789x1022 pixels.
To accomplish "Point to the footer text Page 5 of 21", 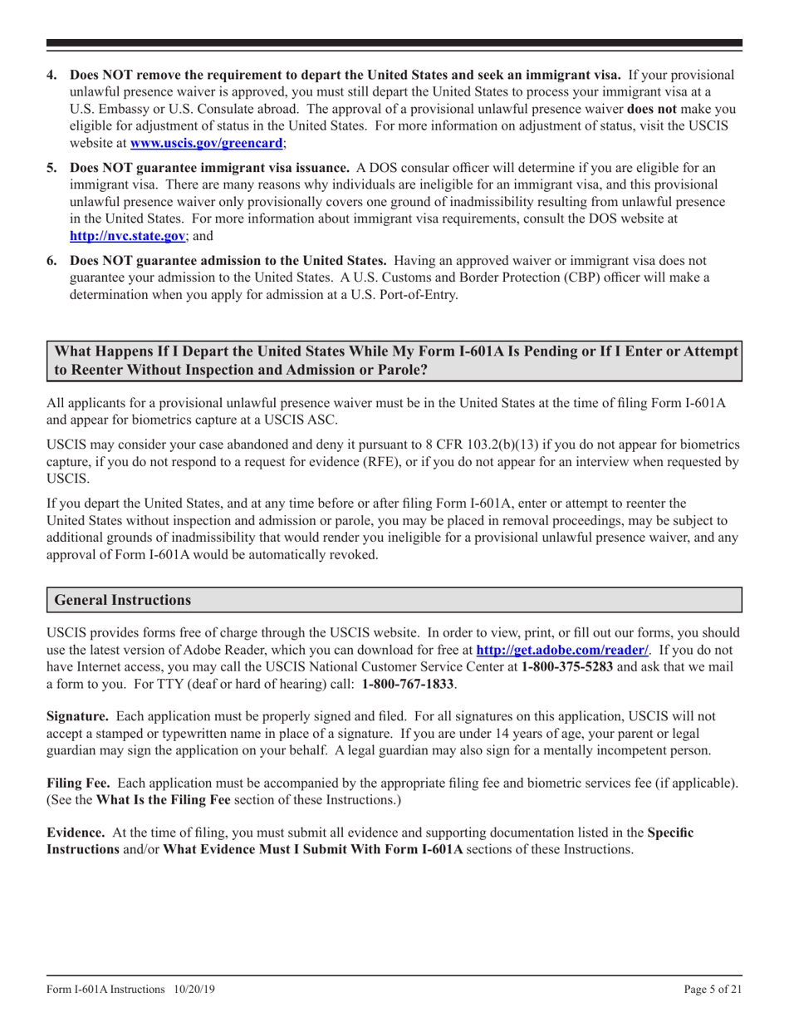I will [x=707, y=990].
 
